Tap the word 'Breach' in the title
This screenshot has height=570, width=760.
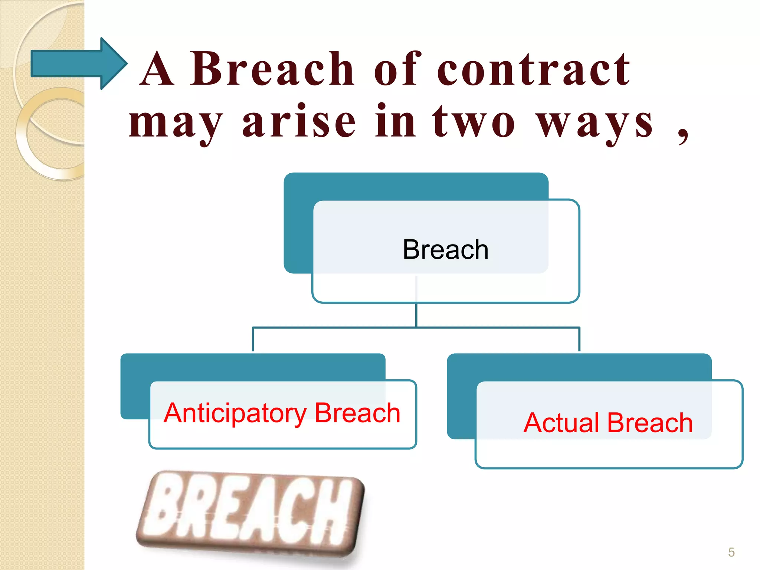pyautogui.click(x=272, y=69)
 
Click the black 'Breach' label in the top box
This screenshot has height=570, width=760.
pyautogui.click(x=445, y=249)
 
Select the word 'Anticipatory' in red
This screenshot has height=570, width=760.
pyautogui.click(x=235, y=413)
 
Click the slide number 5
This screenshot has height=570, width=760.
pyautogui.click(x=731, y=552)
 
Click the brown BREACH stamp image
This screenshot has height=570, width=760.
pyautogui.click(x=250, y=514)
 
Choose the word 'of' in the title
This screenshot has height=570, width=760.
pyautogui.click(x=397, y=69)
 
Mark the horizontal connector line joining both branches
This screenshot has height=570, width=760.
pyautogui.click(x=416, y=328)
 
